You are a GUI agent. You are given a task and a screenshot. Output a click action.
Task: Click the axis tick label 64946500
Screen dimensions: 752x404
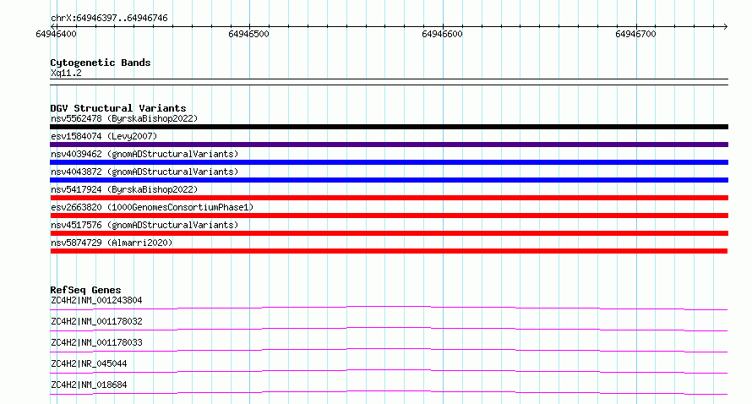coord(248,34)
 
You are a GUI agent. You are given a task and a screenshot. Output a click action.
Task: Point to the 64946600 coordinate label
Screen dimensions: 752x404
coord(442,34)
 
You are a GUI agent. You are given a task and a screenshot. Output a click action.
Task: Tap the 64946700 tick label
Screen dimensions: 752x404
coord(635,34)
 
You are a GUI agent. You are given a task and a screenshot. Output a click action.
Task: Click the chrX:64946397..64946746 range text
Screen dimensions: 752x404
coord(109,19)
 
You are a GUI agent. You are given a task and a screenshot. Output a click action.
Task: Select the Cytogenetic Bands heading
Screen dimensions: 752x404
coord(101,63)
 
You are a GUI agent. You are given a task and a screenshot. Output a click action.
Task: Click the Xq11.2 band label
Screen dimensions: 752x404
coord(66,73)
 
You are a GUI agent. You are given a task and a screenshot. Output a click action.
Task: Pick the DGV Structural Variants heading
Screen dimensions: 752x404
coord(118,108)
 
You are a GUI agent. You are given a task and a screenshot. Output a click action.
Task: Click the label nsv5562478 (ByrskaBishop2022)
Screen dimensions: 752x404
coord(124,118)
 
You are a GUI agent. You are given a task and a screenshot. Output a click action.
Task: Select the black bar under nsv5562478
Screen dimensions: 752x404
coord(389,127)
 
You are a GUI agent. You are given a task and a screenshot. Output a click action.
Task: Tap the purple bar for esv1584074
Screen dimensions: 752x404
coord(389,145)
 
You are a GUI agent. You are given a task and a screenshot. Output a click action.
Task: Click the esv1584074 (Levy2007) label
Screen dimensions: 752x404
coord(104,136)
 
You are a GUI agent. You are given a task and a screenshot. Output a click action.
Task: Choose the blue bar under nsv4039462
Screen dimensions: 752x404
coord(389,162)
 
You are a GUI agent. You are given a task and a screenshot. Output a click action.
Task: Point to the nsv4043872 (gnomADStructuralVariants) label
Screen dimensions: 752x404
coord(144,172)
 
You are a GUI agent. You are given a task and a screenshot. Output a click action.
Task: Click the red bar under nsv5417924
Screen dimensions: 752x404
coord(389,198)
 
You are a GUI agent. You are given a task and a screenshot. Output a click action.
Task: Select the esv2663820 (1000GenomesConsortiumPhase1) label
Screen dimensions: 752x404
coord(152,207)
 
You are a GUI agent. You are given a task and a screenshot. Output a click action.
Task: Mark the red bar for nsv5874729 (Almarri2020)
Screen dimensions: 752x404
coord(389,251)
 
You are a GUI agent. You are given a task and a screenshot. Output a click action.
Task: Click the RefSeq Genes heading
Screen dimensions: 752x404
coord(85,290)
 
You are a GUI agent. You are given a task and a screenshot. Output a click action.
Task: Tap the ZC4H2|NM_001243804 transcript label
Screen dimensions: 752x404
coord(96,300)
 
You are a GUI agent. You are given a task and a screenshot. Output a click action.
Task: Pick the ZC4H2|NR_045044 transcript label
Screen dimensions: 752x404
coord(89,363)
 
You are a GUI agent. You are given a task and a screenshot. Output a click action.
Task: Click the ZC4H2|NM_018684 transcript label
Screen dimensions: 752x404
coord(89,385)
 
